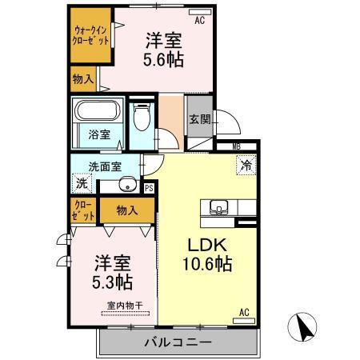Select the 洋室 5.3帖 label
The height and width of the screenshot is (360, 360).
(x=112, y=272)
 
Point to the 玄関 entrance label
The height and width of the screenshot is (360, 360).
(x=199, y=120)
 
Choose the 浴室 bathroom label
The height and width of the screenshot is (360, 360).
(x=99, y=135)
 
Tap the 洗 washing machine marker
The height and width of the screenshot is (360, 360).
(x=82, y=183)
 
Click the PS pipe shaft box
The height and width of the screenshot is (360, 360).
(x=149, y=188)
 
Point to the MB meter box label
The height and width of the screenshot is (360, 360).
(x=237, y=147)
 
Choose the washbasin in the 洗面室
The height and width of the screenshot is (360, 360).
(x=126, y=186)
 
